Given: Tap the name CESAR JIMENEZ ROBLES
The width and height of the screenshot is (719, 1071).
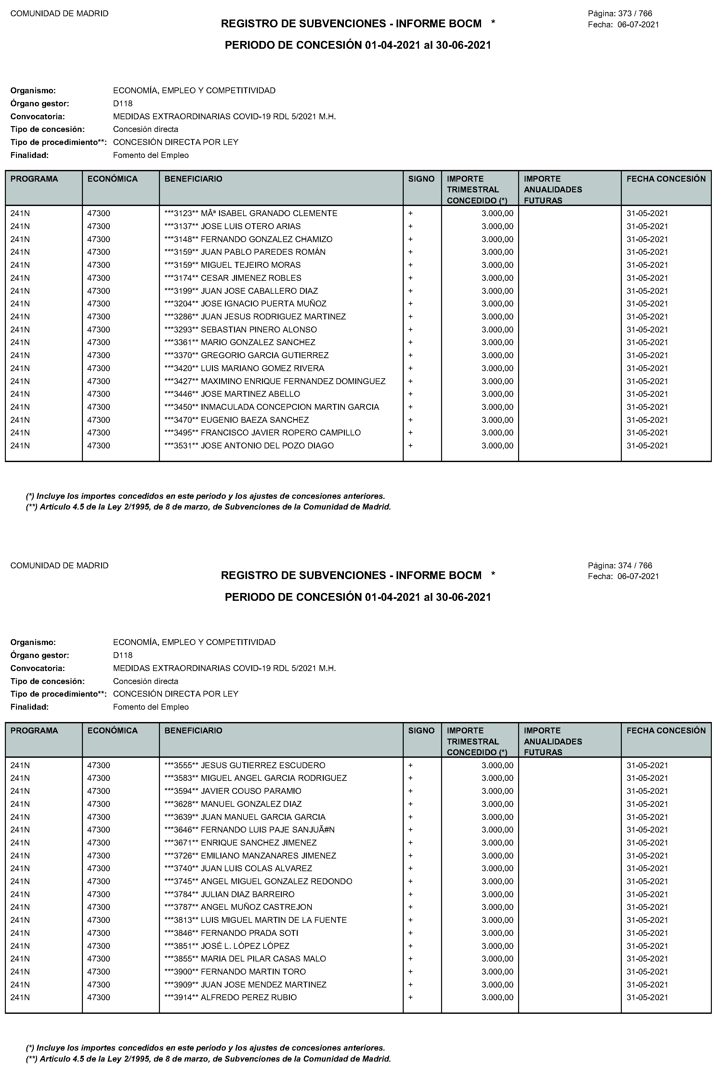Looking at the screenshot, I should coord(251,278).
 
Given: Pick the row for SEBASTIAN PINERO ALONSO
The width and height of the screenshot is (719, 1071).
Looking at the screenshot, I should coord(259,330).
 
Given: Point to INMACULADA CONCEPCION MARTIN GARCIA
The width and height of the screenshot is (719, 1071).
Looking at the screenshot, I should coord(290,407).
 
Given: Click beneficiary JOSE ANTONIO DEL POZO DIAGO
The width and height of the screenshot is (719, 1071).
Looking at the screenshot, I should coord(267,446).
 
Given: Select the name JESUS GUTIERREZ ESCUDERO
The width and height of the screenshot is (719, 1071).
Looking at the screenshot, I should coord(263,765).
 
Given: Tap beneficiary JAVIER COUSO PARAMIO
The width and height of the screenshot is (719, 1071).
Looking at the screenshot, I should coord(251,791).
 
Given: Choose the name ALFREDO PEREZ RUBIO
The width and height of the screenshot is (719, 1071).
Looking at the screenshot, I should coord(249,997).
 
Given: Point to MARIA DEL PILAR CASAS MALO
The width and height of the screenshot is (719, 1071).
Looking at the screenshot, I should coord(263,959).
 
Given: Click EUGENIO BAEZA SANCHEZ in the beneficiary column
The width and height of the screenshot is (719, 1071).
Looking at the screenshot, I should coord(255,420).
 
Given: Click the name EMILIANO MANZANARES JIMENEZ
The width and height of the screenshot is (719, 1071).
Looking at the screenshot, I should coord(268,856).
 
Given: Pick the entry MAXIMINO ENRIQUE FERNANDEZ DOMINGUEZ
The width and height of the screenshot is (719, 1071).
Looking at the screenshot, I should coord(293,381).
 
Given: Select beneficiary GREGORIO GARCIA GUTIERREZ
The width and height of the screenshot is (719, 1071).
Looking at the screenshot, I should coord(265,355).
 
